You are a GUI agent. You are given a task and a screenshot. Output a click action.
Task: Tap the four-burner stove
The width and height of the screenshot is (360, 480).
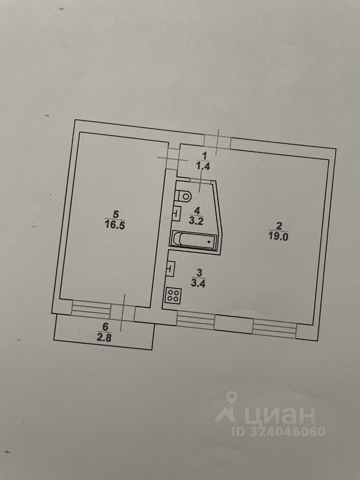(x=173, y=295)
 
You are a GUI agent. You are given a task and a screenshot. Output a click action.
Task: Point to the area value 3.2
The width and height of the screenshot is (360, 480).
(x=197, y=218)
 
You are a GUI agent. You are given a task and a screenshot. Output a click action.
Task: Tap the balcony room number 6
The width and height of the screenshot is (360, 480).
(x=104, y=326)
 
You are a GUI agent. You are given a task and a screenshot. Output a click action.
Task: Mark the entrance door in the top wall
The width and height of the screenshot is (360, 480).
(x=218, y=142)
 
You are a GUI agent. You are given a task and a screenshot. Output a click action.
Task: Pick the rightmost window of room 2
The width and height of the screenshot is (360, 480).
(x=274, y=327)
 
